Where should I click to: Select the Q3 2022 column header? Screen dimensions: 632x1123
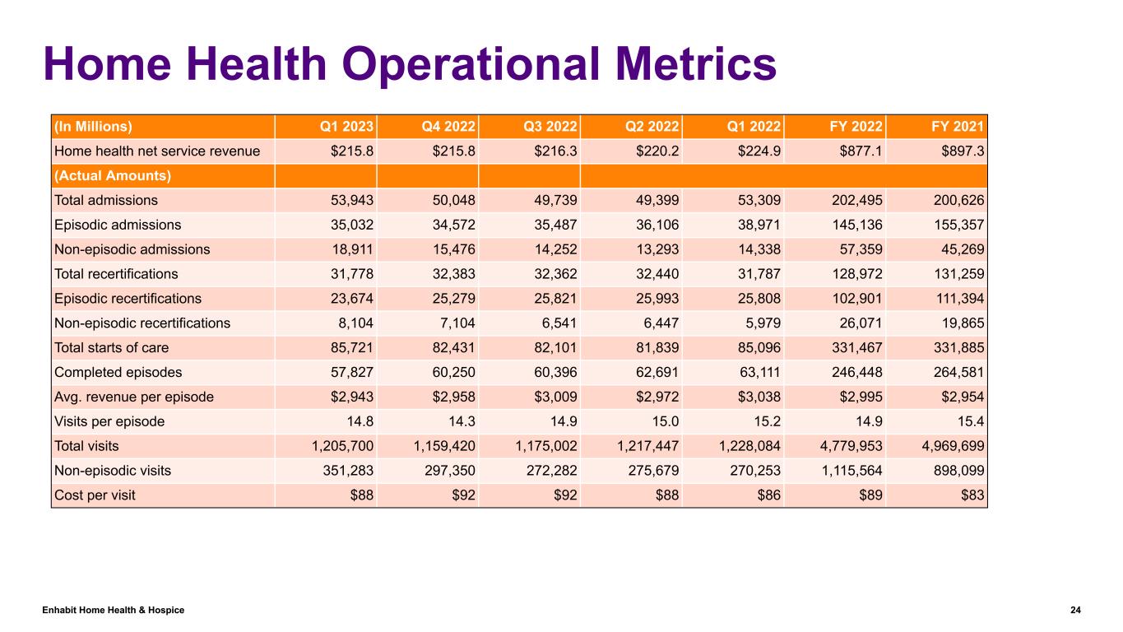[550, 127]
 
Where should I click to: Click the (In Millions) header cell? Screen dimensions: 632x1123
[93, 127]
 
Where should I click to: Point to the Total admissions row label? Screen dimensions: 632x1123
[105, 200]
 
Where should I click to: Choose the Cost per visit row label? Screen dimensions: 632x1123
[95, 495]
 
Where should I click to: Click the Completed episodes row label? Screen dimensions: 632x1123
[112, 372]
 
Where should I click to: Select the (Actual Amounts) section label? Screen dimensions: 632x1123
[112, 175]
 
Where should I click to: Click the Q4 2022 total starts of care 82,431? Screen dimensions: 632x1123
[452, 347]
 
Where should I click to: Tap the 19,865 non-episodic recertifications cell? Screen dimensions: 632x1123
[962, 323]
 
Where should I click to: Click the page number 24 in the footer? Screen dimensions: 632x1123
[1075, 610]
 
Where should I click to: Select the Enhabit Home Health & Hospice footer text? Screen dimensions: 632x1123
[114, 610]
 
